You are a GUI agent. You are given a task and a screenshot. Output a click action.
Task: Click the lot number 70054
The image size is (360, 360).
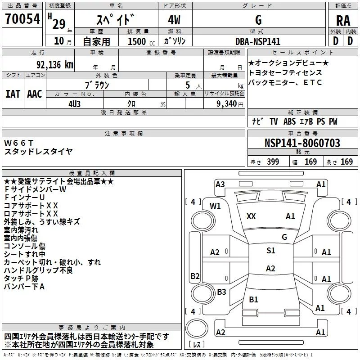click(22, 18)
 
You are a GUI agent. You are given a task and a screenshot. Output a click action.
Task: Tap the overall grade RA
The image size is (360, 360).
click(343, 21)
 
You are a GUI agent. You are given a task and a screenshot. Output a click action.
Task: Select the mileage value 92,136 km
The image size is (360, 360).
click(55, 65)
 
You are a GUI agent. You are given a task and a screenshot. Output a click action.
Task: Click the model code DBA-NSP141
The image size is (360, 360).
click(258, 41)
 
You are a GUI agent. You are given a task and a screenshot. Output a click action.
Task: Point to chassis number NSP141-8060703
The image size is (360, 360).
click(302, 143)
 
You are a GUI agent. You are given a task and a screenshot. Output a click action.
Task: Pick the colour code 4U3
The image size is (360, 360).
click(74, 104)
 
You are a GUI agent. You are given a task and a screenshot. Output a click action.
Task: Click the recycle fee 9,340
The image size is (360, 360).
click(226, 103)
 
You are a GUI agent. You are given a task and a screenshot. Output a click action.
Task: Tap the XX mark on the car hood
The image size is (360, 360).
click(251, 216)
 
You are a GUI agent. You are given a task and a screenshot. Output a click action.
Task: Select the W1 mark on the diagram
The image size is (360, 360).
click(215, 206)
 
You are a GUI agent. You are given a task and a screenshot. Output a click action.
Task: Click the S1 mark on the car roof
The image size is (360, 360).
click(271, 251)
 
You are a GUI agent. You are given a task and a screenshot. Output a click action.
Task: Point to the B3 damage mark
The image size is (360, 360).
click(221, 292)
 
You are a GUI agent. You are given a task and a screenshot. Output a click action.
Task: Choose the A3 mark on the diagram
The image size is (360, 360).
click(220, 184)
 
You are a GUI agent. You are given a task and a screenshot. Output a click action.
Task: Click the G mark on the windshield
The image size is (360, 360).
click(284, 237)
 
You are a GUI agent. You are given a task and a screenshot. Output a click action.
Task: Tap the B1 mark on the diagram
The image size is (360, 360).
click(253, 299)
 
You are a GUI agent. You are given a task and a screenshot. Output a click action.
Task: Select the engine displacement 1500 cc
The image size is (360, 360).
click(141, 41)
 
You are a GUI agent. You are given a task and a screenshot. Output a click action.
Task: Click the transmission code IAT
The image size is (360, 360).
click(13, 94)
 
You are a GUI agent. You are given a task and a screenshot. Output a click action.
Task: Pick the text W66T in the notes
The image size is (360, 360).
click(19, 143)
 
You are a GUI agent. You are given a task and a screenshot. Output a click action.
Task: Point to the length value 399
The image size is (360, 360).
click(273, 162)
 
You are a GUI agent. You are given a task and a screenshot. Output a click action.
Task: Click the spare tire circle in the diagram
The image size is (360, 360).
click(197, 328)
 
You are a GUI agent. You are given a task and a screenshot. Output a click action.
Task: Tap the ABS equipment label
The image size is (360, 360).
click(289, 121)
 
